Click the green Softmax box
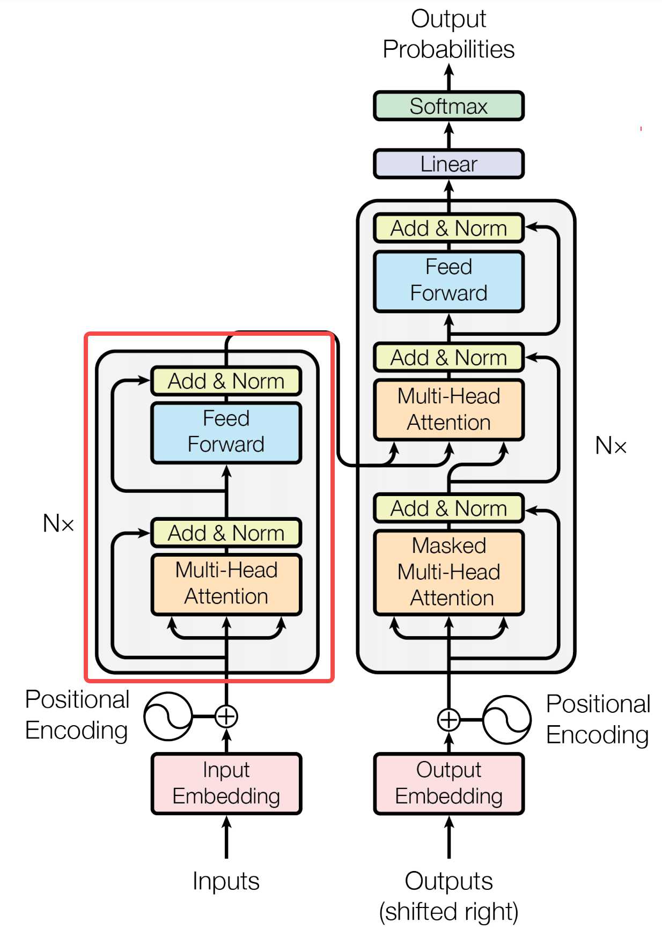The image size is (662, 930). (x=448, y=106)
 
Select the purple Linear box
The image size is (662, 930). (x=448, y=164)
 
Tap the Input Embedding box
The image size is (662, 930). (x=226, y=783)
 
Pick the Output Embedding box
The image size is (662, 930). (x=448, y=783)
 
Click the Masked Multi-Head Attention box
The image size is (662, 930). (x=448, y=572)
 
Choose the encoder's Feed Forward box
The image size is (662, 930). (x=226, y=432)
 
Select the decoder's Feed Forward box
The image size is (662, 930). (x=448, y=281)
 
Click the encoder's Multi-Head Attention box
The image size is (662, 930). (x=226, y=584)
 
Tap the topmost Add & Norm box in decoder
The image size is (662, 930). (x=448, y=228)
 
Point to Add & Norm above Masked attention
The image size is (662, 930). (x=448, y=508)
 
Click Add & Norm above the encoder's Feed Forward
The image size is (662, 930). (x=226, y=381)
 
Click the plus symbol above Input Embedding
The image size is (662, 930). (x=226, y=716)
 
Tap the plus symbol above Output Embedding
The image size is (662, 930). (x=448, y=720)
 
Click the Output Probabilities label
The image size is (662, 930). (x=448, y=34)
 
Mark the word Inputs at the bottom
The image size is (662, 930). (x=226, y=881)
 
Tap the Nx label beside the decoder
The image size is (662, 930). (x=611, y=445)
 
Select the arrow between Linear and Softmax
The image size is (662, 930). (x=449, y=135)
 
